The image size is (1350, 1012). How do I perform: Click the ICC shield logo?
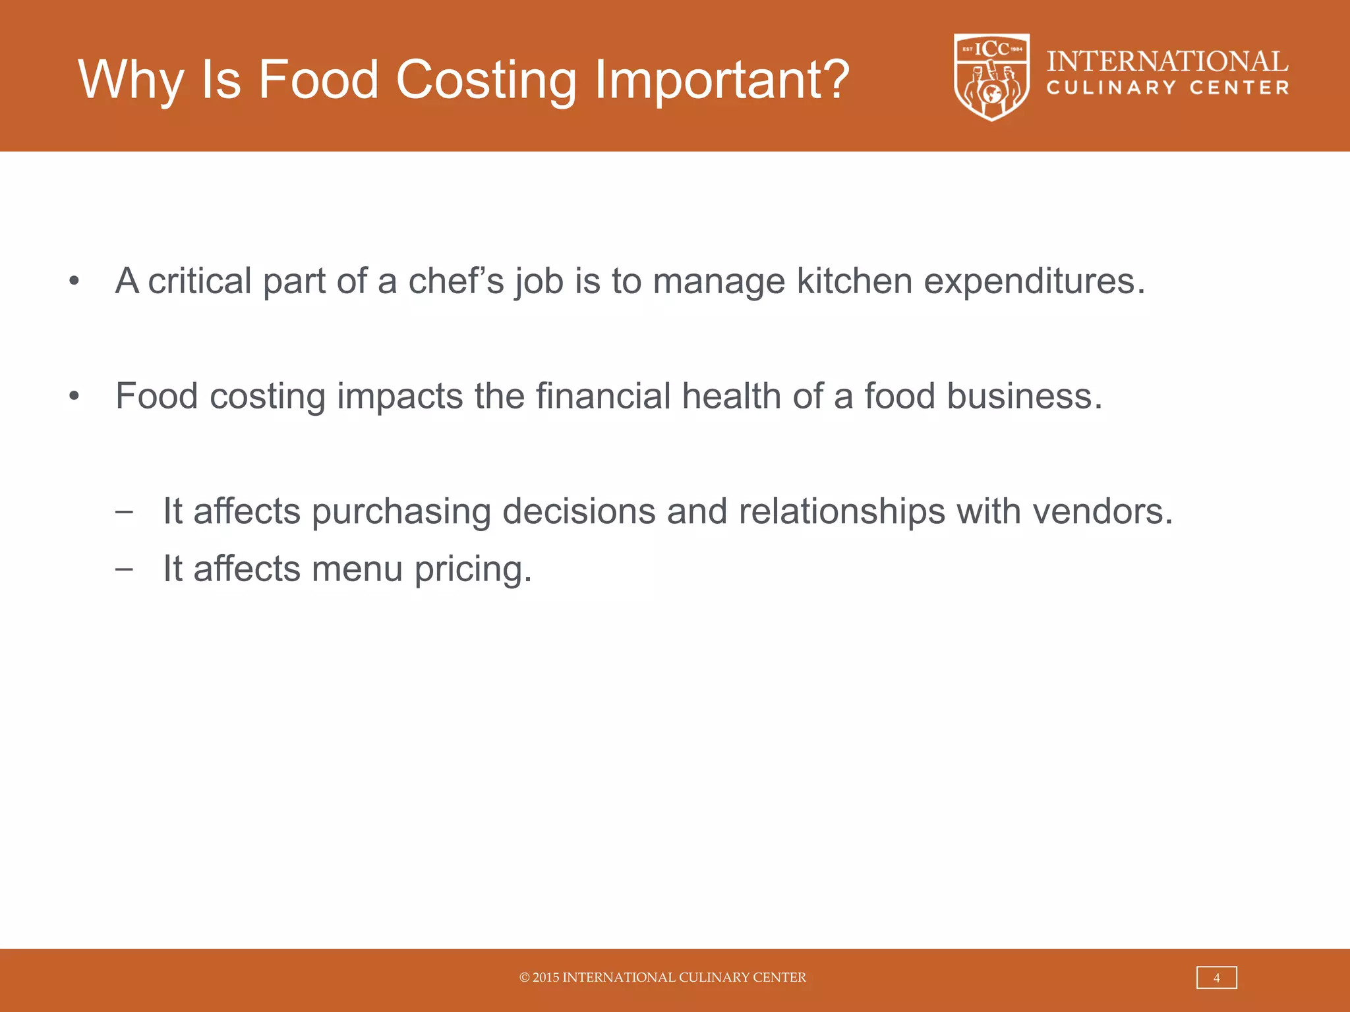click(991, 76)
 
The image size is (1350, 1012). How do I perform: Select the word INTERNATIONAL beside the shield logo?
click(1167, 62)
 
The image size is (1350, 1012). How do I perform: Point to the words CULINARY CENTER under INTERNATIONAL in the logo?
click(1167, 88)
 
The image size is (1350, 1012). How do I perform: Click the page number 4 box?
click(1216, 978)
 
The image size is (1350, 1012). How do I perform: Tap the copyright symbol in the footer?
click(525, 978)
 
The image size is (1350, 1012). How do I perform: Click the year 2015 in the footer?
click(546, 978)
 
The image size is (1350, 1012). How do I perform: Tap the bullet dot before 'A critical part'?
click(74, 281)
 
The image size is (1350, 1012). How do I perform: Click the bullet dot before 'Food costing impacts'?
click(74, 397)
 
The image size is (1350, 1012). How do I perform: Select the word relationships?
click(842, 511)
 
